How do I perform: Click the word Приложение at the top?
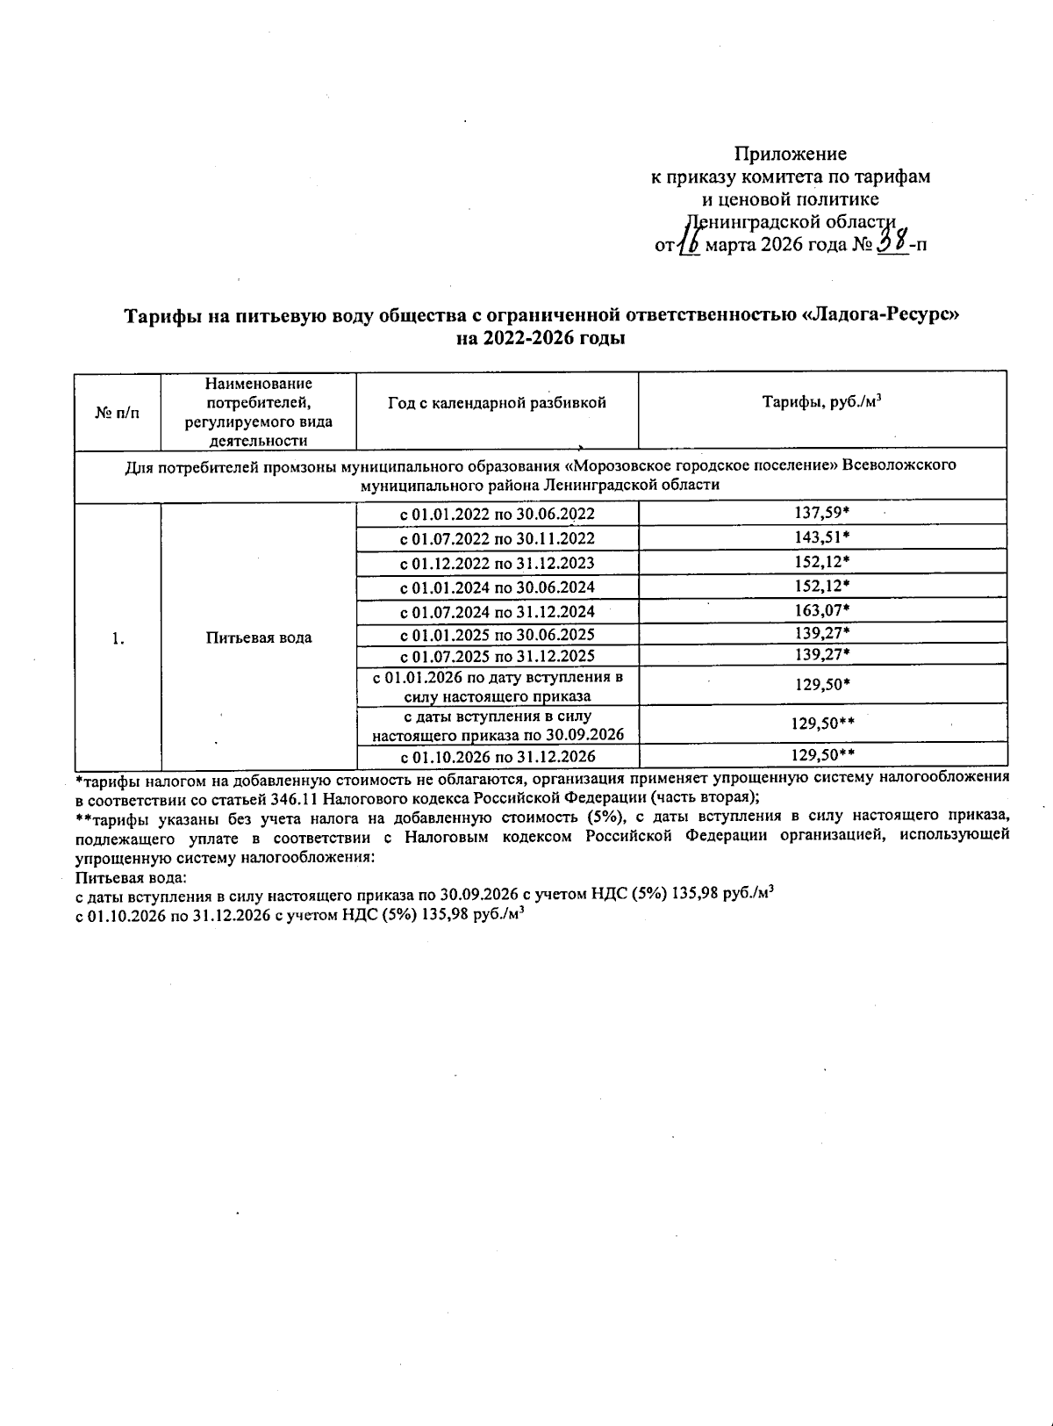(x=790, y=154)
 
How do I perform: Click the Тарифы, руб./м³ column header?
(x=821, y=402)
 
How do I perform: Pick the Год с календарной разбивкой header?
(x=497, y=402)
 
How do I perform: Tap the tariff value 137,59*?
(x=821, y=513)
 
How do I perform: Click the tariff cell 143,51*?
(x=821, y=537)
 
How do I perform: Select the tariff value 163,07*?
(x=821, y=610)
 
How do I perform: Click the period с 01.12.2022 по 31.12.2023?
(x=497, y=563)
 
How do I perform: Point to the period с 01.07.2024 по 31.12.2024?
(x=497, y=611)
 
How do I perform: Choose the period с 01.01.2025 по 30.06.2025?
(x=497, y=634)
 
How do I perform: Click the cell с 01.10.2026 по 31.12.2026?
(x=497, y=756)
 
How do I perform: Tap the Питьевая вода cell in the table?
(x=259, y=637)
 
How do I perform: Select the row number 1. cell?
(x=118, y=638)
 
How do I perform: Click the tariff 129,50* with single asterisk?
(x=821, y=684)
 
